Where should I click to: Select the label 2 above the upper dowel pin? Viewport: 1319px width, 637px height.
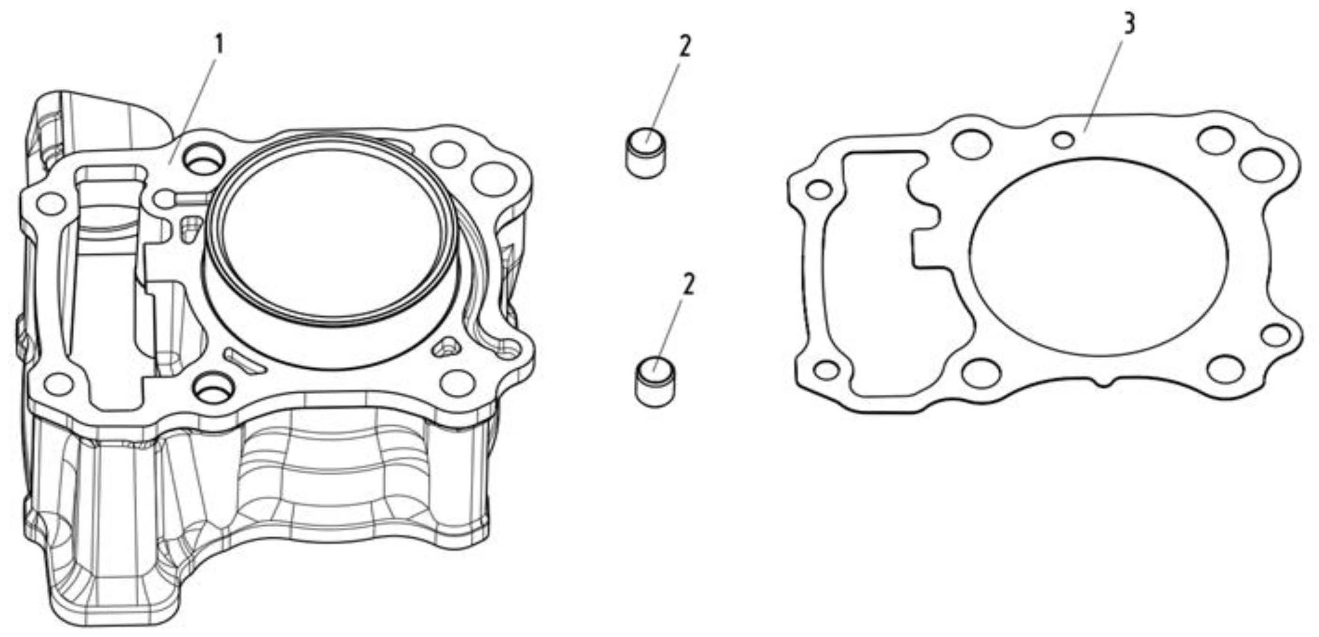click(685, 47)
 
